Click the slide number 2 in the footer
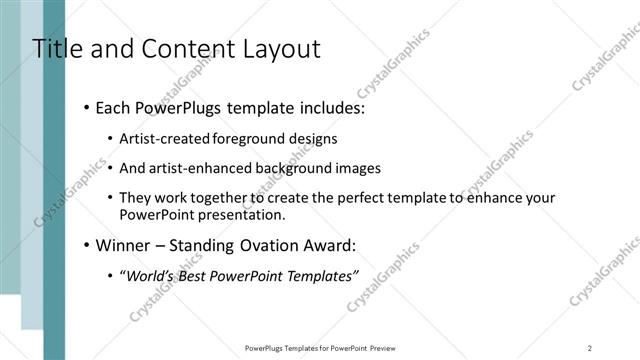590,348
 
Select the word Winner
119,245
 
